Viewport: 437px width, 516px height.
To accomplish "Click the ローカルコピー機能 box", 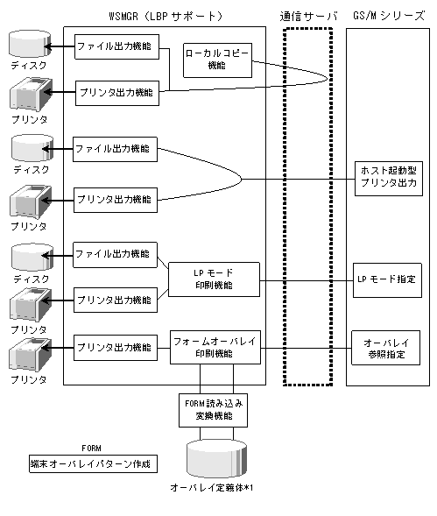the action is click(217, 60).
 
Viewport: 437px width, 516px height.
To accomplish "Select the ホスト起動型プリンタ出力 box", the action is click(389, 179).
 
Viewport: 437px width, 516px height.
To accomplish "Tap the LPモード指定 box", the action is click(387, 280).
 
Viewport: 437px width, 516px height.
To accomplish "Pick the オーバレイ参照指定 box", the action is click(386, 348).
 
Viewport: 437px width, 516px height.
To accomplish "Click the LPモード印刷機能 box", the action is click(214, 279).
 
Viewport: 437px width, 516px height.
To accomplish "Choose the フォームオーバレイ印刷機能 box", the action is click(215, 347).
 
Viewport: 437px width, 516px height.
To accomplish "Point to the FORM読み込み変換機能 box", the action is click(213, 410).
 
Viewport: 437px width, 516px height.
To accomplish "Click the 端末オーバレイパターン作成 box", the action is click(93, 463).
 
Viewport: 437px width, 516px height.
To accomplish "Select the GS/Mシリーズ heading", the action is click(389, 16).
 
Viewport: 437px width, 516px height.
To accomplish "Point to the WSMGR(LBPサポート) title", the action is click(166, 16).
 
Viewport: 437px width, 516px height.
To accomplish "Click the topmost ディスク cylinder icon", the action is click(30, 44).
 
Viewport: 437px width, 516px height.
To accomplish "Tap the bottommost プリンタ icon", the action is click(31, 355).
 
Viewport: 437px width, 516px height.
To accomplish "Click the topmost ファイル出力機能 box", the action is click(116, 46).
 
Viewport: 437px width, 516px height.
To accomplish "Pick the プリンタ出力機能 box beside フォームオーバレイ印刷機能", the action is click(116, 348).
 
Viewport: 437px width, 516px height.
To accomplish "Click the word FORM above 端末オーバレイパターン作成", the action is click(91, 449).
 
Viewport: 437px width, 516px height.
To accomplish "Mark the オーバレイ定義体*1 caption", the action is click(212, 487).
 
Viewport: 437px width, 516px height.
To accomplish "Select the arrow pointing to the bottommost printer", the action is click(58, 348).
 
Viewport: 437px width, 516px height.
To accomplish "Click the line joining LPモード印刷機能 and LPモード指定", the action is click(307, 280).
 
